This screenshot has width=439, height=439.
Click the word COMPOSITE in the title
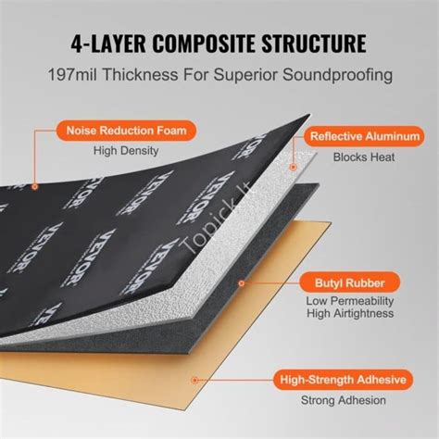[x=204, y=44]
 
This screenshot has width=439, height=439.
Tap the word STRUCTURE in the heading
[x=314, y=44]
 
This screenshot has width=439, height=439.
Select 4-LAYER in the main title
[x=108, y=44]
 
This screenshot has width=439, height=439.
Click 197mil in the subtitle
[x=72, y=75]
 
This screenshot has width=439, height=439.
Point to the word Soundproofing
[x=338, y=76]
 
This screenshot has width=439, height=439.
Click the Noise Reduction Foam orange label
[x=126, y=131]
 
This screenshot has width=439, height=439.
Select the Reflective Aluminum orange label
[x=365, y=136]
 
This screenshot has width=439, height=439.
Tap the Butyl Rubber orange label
[x=350, y=283]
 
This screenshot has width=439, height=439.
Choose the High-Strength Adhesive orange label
[x=344, y=380]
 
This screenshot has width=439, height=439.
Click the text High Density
[x=126, y=151]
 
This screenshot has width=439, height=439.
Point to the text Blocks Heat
[x=364, y=157]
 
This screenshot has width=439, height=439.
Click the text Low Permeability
[x=350, y=301]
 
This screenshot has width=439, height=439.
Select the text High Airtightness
[x=350, y=314]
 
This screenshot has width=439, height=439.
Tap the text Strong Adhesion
[x=344, y=400]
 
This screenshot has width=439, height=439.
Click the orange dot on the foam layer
[x=35, y=186]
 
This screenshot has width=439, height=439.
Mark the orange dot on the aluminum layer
[x=294, y=167]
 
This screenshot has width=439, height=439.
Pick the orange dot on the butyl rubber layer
[x=242, y=283]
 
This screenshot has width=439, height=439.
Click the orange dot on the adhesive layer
[x=194, y=380]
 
